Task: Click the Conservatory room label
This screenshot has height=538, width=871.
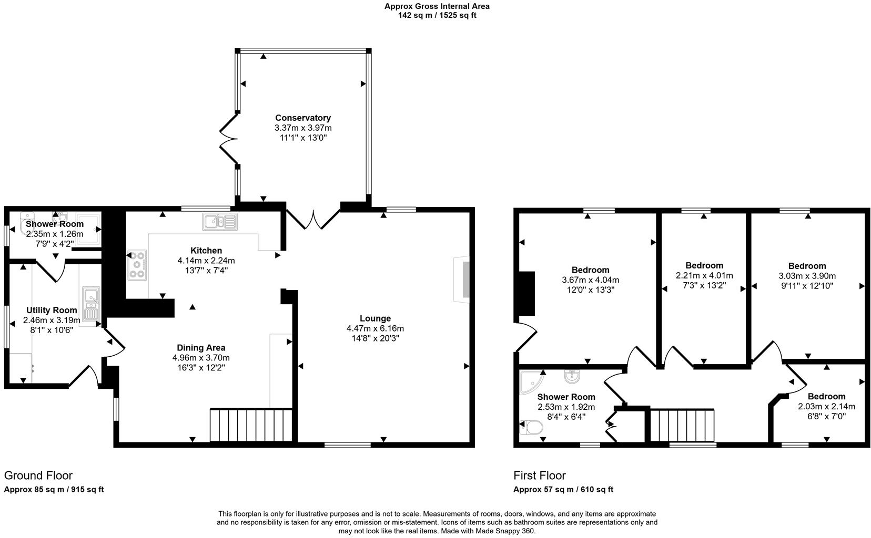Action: pos(302,118)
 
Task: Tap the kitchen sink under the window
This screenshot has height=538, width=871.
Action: pos(219,222)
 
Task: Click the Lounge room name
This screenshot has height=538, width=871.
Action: pos(375,318)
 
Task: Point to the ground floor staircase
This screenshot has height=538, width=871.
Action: pos(251,425)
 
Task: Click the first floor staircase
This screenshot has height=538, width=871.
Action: pos(682,425)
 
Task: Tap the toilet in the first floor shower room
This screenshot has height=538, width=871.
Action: pos(531,428)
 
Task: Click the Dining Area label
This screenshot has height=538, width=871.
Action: pos(201,348)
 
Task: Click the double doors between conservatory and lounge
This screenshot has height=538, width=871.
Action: pos(313,220)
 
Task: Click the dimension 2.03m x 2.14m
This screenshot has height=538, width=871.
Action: pos(826,407)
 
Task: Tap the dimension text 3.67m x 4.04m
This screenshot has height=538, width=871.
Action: pos(590,280)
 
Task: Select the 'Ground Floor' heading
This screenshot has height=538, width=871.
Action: pos(38,475)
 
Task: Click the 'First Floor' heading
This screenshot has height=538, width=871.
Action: pos(539,475)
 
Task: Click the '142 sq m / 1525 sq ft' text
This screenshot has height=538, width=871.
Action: pos(437,15)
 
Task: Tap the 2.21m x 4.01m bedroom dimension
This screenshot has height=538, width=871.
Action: pos(704,275)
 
